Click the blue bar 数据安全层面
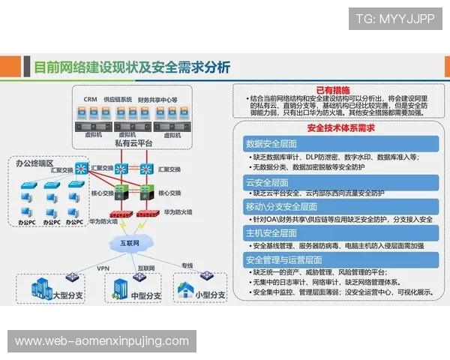point(271,143)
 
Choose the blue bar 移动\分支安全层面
point(277,206)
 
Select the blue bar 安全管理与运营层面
point(282,259)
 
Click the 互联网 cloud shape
point(126,242)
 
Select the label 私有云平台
point(136,142)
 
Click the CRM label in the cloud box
point(90,99)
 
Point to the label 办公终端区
point(34,163)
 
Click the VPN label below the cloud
point(103,268)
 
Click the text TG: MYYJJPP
point(394,19)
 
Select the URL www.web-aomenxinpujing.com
point(102,341)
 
